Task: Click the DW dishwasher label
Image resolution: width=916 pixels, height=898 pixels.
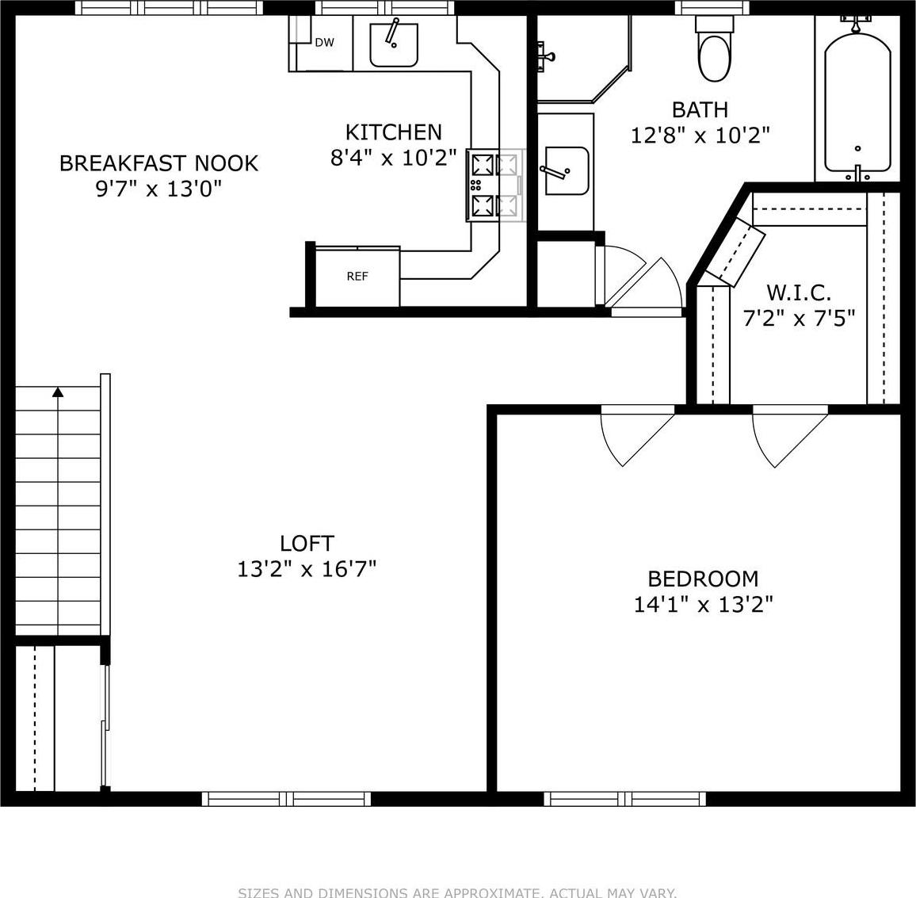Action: coord(324,43)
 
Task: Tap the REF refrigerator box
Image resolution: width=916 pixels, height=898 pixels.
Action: coord(357,277)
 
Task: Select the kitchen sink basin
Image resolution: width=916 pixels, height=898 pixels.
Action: coord(394,45)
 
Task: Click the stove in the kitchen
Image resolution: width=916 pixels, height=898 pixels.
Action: coord(495,185)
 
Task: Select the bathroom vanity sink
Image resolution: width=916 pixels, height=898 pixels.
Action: coord(566,170)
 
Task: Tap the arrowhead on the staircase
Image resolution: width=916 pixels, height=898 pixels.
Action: coord(58,392)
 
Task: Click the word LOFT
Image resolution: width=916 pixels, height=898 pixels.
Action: coord(307,544)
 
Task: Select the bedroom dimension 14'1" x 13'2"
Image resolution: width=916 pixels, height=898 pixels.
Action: coord(703,605)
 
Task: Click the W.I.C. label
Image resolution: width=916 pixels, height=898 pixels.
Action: coord(798,293)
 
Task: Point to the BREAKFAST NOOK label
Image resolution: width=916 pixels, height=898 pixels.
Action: coord(158,163)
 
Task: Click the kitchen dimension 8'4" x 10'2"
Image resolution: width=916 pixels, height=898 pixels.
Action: coord(393,158)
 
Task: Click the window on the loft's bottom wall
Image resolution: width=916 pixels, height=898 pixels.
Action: coord(286,798)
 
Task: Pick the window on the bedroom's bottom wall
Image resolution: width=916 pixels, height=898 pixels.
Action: coord(625,798)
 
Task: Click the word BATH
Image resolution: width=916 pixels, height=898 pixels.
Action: coord(700,109)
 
